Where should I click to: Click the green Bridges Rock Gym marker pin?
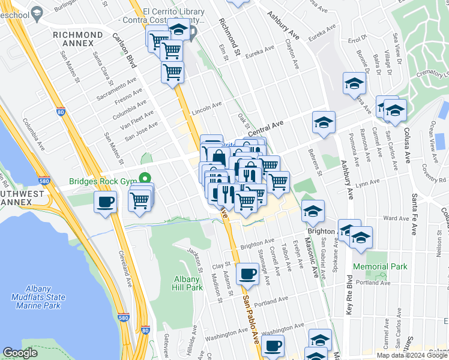144,178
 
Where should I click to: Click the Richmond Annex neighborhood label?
82,39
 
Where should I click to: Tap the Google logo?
20,352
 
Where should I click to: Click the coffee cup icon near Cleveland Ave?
105,202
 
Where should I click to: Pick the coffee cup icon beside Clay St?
247,275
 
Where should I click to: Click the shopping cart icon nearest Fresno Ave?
172,72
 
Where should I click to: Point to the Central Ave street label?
265,128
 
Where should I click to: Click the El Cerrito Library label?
171,11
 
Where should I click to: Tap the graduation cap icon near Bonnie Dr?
355,83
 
